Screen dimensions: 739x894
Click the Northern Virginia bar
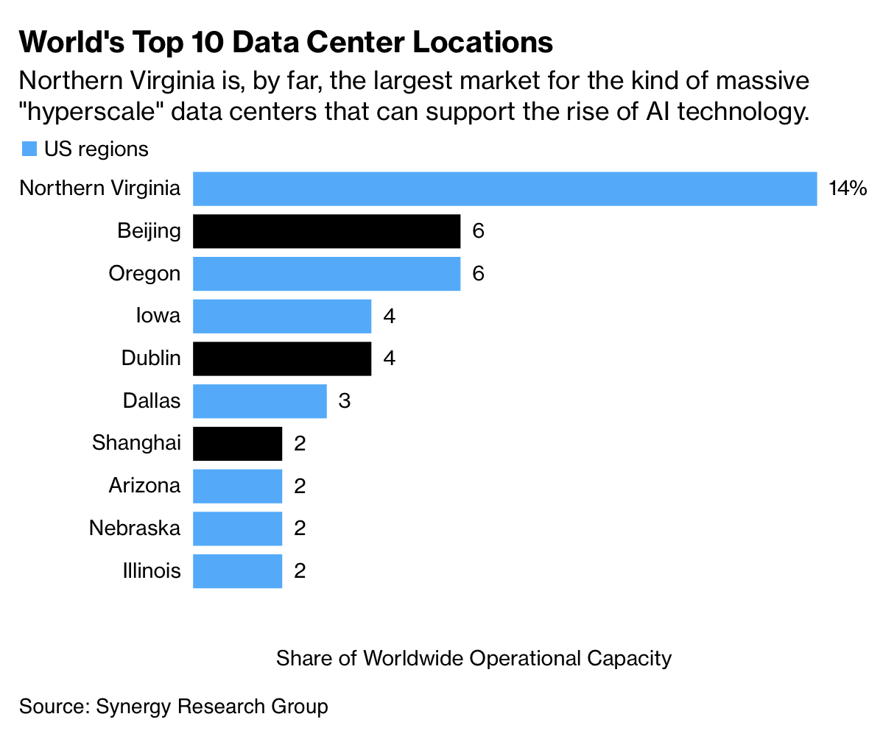(x=504, y=188)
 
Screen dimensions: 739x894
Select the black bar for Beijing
(x=326, y=231)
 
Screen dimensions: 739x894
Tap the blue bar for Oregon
(x=326, y=274)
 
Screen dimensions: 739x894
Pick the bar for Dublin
(x=282, y=358)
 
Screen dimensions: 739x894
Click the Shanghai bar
(x=237, y=444)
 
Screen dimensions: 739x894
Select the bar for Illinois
(x=237, y=571)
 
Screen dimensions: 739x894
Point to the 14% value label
(x=848, y=188)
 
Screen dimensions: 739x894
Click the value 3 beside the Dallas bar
(x=344, y=401)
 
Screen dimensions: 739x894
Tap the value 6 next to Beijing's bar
(x=478, y=231)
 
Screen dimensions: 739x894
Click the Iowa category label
(x=158, y=316)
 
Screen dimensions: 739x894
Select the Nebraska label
(x=135, y=528)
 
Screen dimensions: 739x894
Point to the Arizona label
(x=144, y=486)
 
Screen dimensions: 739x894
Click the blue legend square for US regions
(x=29, y=149)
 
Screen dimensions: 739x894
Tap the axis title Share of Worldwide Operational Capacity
(x=474, y=657)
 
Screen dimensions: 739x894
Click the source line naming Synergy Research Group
(x=174, y=707)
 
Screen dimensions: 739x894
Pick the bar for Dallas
(x=259, y=401)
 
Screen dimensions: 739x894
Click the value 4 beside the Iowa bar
(x=390, y=317)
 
